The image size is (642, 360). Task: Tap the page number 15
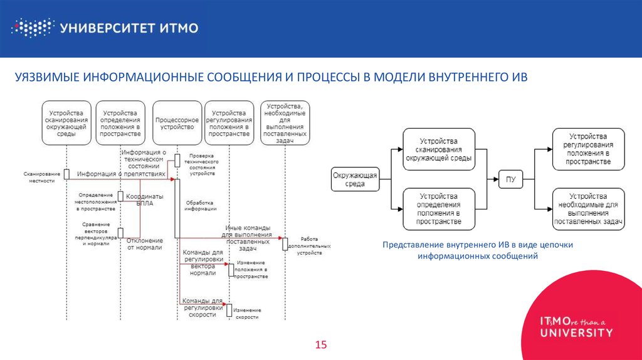(321, 345)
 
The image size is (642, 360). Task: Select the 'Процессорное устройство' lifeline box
(177, 123)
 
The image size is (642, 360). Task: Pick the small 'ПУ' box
(511, 180)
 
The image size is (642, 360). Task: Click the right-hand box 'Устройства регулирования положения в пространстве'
(587, 149)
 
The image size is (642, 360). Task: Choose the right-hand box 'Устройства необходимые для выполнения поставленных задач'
(587, 209)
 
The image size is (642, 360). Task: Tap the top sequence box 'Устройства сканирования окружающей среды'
(66, 123)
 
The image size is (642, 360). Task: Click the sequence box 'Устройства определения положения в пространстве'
(120, 123)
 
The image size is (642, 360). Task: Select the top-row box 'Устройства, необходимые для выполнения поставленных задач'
(285, 123)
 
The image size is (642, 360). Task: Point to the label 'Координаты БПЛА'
(145, 199)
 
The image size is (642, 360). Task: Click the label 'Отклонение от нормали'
(145, 243)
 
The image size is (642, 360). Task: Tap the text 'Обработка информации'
(199, 206)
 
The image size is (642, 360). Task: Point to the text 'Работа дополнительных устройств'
(310, 245)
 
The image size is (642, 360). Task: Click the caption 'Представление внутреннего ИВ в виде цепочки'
(478, 245)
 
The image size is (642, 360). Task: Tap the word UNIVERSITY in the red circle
(577, 332)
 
